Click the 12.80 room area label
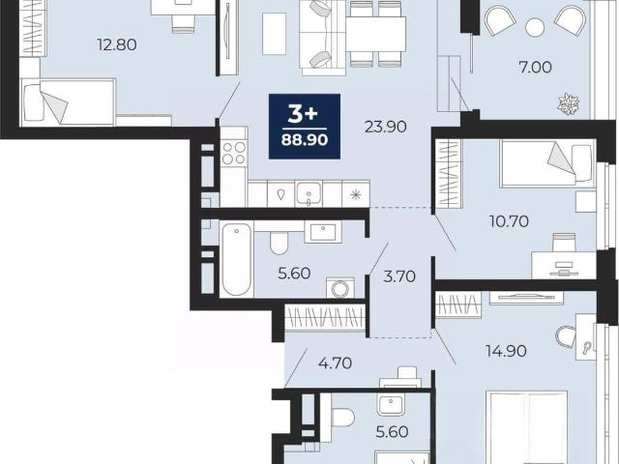click(x=117, y=44)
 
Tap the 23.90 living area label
click(x=385, y=127)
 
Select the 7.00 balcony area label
click(x=535, y=68)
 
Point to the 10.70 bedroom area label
click(x=510, y=221)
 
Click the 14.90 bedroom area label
click(x=507, y=350)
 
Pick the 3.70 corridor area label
click(x=399, y=276)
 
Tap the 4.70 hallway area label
click(x=336, y=363)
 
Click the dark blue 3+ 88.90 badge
click(x=305, y=127)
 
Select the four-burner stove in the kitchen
click(x=234, y=153)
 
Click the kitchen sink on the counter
click(x=309, y=193)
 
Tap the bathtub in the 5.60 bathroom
click(x=236, y=259)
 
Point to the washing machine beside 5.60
click(x=339, y=288)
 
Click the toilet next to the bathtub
click(x=280, y=243)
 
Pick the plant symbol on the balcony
click(x=569, y=104)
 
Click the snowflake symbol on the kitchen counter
click(x=356, y=194)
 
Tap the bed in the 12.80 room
click(x=68, y=102)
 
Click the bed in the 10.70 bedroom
click(x=547, y=163)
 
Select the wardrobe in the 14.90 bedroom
click(x=458, y=304)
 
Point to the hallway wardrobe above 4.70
click(x=326, y=317)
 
